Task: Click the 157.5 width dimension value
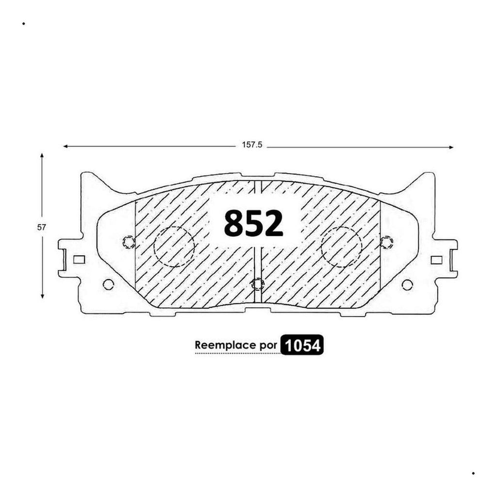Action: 252,145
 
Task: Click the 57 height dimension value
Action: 42,227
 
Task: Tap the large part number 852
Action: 253,223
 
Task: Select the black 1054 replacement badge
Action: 302,345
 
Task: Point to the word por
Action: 268,346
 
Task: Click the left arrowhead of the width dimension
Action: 66,146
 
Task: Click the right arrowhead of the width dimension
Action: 451,147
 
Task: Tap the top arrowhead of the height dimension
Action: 42,156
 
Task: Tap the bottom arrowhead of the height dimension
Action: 42,296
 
